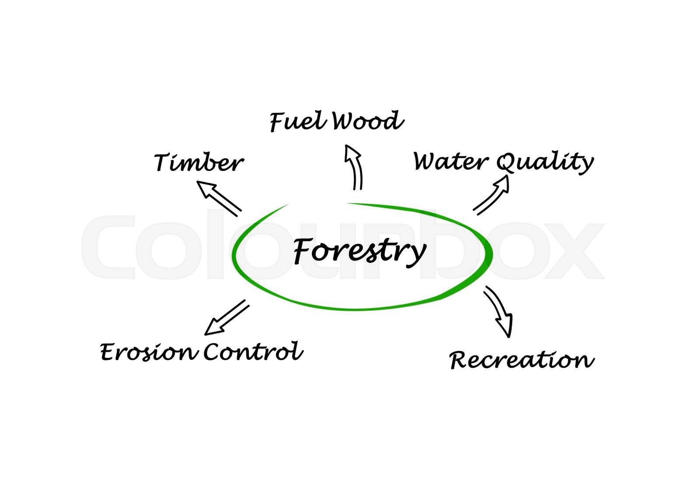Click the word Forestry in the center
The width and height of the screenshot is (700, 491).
[359, 251]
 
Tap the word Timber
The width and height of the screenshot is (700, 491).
[198, 163]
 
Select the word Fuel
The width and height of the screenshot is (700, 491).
[297, 121]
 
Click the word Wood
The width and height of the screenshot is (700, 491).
[367, 121]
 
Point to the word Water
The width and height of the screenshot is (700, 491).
[451, 161]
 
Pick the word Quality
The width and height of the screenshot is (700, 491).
[545, 162]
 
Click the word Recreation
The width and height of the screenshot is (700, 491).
[521, 360]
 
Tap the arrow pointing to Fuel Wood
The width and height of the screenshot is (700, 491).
[354, 167]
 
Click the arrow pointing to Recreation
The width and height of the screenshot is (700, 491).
[499, 311]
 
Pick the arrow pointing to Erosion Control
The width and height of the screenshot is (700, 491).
[227, 317]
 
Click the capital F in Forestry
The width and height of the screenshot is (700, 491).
[302, 251]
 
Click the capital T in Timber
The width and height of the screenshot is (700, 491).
[163, 162]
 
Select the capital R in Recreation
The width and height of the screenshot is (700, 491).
[460, 361]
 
